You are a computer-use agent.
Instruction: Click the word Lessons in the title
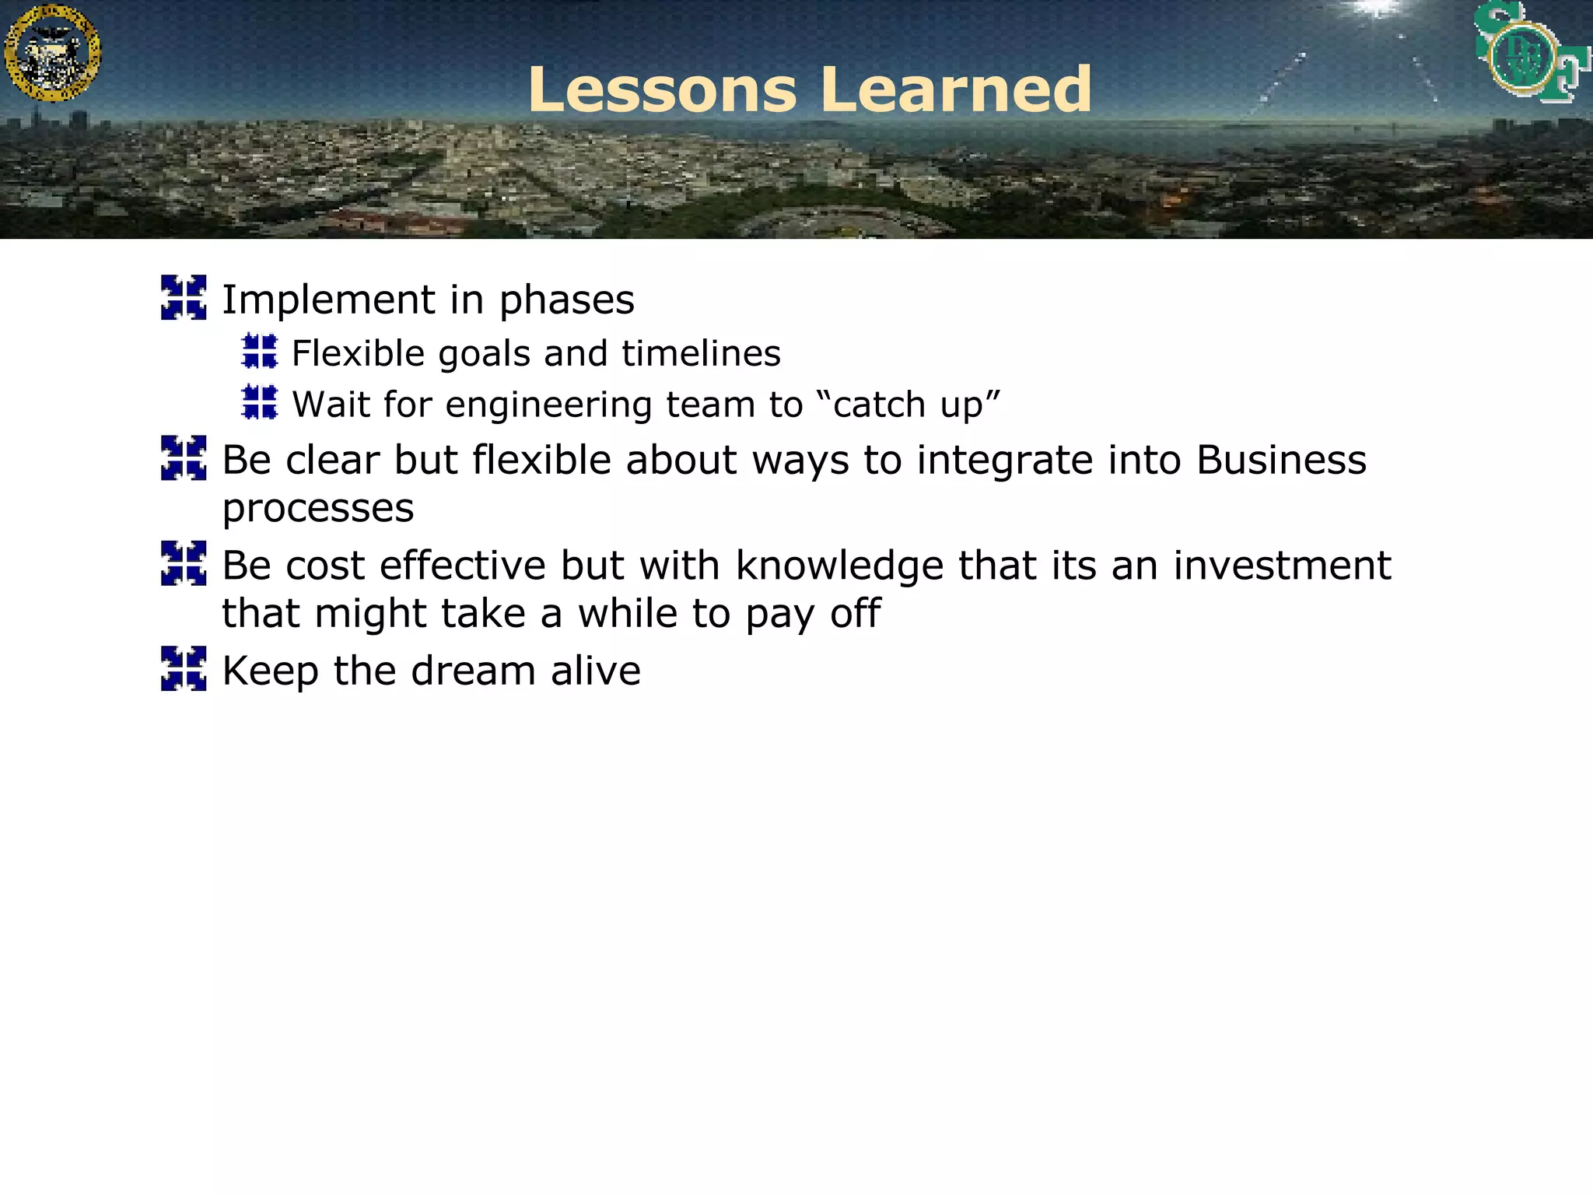click(662, 89)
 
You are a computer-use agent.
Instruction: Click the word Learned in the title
click(956, 89)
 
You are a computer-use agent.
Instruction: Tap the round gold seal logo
click(52, 53)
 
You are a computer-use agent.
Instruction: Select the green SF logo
click(1530, 53)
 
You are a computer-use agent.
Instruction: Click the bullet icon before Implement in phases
click(184, 297)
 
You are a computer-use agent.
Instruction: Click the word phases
click(566, 300)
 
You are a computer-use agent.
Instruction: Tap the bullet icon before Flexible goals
click(260, 351)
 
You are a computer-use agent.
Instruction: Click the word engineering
click(548, 405)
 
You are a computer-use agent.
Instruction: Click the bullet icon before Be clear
click(184, 457)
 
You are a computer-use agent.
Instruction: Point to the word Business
click(1281, 460)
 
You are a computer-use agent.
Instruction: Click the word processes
click(317, 509)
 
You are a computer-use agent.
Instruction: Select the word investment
click(1282, 566)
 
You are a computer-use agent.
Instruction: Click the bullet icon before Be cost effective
click(184, 562)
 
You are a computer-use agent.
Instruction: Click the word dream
click(473, 671)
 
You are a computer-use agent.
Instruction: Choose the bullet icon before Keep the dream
click(184, 668)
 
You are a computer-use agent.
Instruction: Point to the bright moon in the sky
click(1378, 8)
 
